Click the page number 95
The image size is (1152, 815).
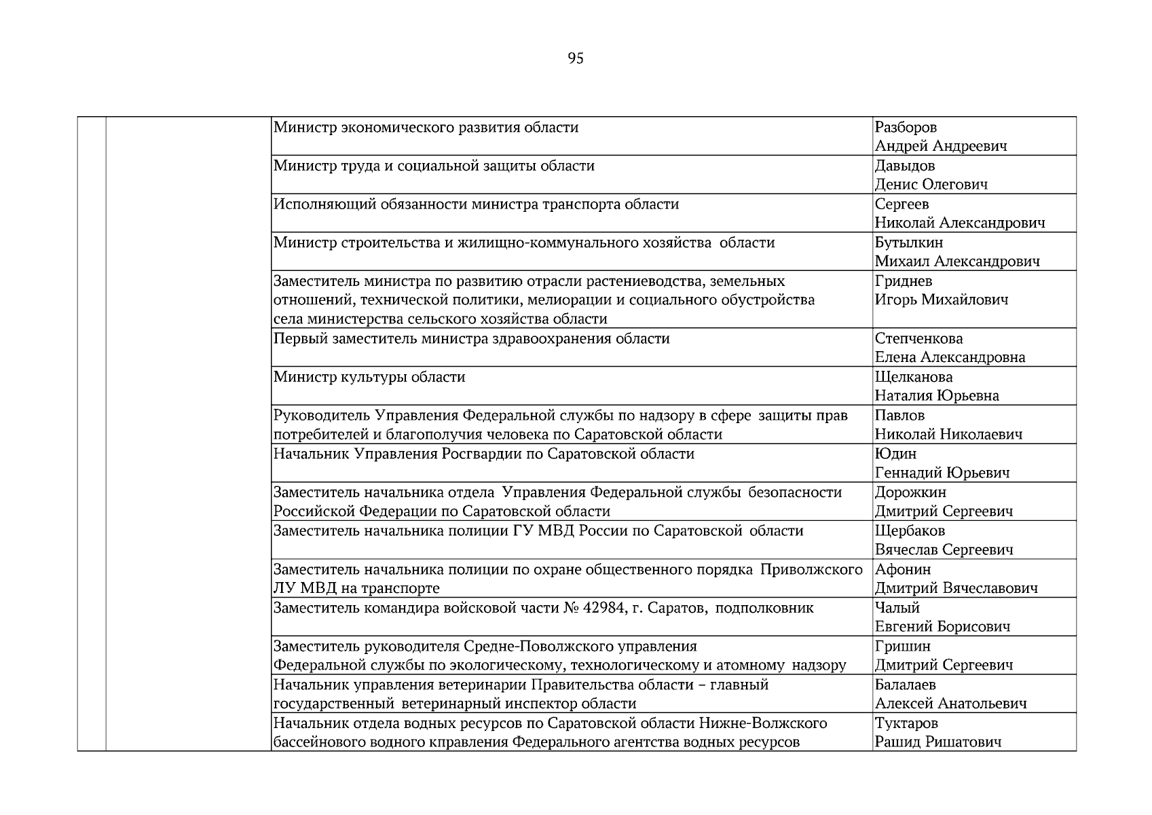tap(575, 58)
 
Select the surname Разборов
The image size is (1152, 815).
tap(906, 127)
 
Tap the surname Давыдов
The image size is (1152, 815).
tap(904, 166)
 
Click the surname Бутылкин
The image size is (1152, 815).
tap(908, 242)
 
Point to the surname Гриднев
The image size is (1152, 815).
tap(903, 280)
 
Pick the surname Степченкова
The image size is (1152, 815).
tap(918, 338)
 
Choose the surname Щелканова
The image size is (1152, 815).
tap(913, 377)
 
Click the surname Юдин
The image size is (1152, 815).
tap(895, 454)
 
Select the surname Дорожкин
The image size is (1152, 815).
tap(910, 492)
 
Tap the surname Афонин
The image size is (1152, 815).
tap(902, 569)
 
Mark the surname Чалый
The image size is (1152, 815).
tap(897, 608)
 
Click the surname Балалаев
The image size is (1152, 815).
tap(905, 685)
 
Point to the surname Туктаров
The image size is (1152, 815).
tap(906, 723)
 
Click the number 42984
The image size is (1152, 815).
tap(602, 608)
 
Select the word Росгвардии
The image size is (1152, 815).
tap(482, 454)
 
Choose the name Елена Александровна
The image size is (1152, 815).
tap(950, 357)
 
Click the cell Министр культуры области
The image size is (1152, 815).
tap(369, 377)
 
